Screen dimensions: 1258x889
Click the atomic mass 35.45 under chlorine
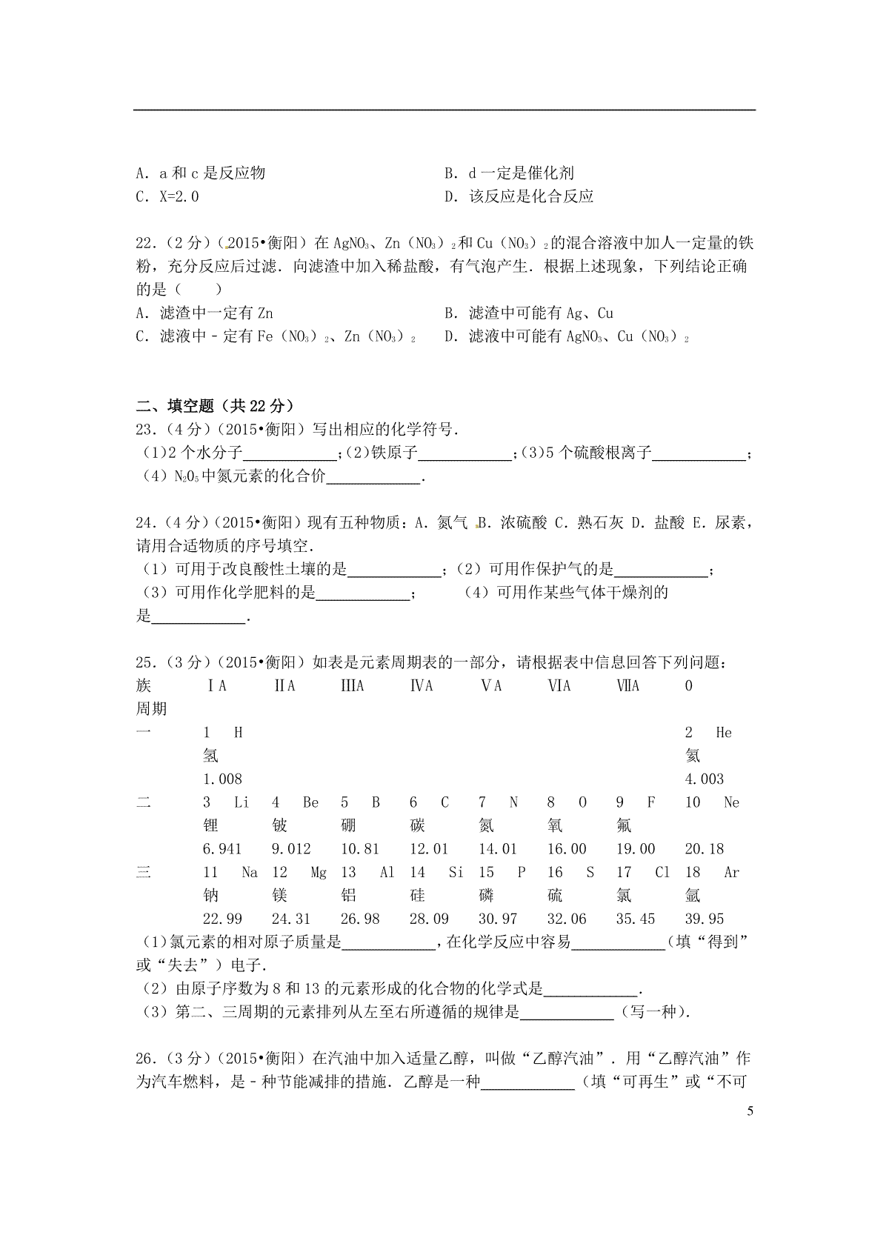(x=636, y=919)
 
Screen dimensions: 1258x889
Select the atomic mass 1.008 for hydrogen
(x=222, y=779)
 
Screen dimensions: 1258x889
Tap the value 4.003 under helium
(x=704, y=779)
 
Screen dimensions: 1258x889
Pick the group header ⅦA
(x=627, y=686)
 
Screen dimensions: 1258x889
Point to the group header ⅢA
(x=352, y=686)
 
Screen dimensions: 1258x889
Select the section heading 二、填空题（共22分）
(x=215, y=405)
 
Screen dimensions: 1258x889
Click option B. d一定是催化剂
(x=509, y=173)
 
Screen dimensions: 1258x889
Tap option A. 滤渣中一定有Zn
(x=204, y=313)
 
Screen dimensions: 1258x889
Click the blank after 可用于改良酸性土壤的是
(x=393, y=570)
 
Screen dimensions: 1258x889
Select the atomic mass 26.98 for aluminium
(x=360, y=919)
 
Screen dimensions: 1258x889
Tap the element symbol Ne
(x=731, y=802)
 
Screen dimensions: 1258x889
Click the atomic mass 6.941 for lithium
(x=222, y=849)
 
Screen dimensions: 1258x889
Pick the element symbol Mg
(x=319, y=873)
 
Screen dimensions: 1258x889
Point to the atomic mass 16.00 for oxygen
(x=567, y=849)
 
